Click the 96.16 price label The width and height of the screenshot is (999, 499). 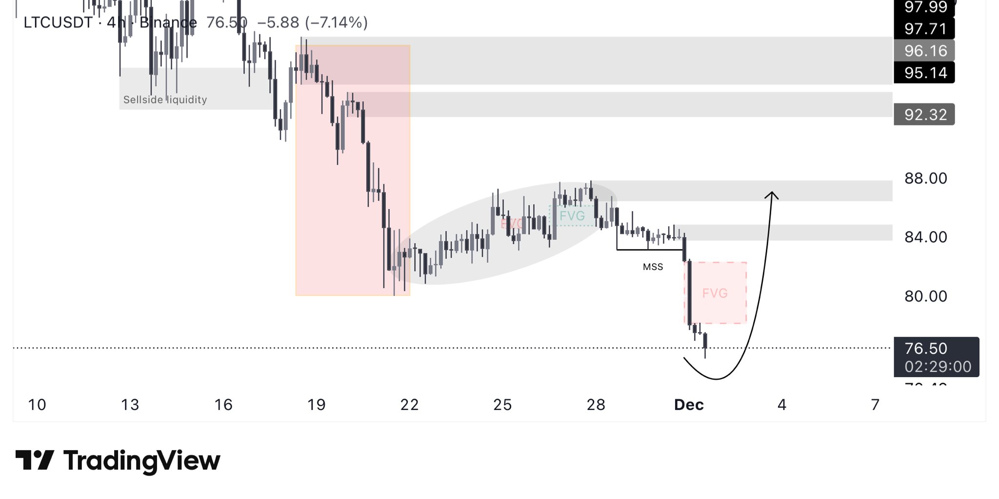tap(925, 51)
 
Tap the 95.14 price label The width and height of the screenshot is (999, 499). tap(925, 73)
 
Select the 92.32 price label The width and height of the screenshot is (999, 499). tap(925, 115)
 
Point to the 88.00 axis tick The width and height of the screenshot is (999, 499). tap(925, 178)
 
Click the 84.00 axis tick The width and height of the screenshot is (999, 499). tap(925, 237)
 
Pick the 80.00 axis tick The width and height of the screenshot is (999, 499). tap(925, 296)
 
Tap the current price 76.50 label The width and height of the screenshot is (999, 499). tap(925, 348)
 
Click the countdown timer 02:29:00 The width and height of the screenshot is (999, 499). tap(938, 366)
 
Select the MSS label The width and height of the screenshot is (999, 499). tap(653, 267)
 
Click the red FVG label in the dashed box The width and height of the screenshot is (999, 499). tap(715, 293)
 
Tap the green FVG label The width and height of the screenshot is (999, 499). tap(572, 216)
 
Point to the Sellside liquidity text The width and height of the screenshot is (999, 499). tap(165, 100)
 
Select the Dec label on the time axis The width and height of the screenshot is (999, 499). tap(688, 404)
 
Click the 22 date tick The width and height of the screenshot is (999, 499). tap(409, 404)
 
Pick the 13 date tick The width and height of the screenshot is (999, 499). tap(130, 404)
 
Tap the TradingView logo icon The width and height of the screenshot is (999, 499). tap(34, 460)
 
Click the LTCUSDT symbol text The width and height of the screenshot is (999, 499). tap(58, 22)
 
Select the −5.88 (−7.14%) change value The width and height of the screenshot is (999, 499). tap(312, 22)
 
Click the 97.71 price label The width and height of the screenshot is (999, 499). tap(925, 29)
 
